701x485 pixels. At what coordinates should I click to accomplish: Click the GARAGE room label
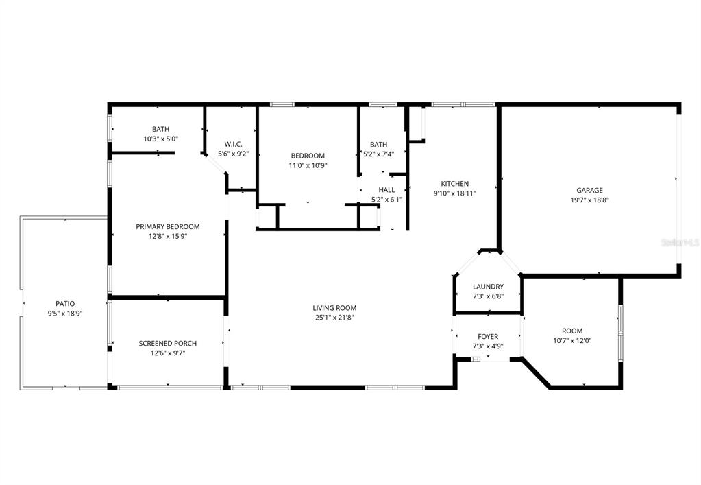(x=589, y=190)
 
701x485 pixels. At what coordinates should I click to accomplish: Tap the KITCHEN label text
(x=454, y=183)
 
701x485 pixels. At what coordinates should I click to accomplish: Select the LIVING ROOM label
(x=334, y=308)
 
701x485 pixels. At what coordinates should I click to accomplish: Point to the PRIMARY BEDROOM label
(x=167, y=227)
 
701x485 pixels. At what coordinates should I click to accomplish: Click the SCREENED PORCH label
(x=167, y=344)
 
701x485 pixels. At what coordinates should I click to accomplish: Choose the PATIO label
(x=65, y=303)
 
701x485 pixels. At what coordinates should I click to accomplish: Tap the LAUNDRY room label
(x=488, y=287)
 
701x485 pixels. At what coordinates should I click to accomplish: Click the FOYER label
(x=488, y=336)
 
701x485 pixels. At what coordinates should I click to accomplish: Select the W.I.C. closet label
(x=233, y=144)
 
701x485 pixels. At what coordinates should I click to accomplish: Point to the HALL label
(x=386, y=189)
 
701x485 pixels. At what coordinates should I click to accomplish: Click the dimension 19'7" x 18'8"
(x=589, y=200)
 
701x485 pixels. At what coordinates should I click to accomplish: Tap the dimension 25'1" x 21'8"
(x=334, y=318)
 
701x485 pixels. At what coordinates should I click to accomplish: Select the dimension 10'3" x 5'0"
(x=160, y=139)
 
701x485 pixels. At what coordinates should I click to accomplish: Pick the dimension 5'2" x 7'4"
(x=378, y=154)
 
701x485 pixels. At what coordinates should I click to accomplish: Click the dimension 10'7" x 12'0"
(x=572, y=340)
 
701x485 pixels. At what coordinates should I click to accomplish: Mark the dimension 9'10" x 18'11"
(x=454, y=193)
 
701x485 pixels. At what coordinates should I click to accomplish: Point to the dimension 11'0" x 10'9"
(x=308, y=165)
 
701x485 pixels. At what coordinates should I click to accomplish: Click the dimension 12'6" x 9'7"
(x=167, y=353)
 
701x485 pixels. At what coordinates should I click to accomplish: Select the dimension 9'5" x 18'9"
(x=65, y=314)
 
